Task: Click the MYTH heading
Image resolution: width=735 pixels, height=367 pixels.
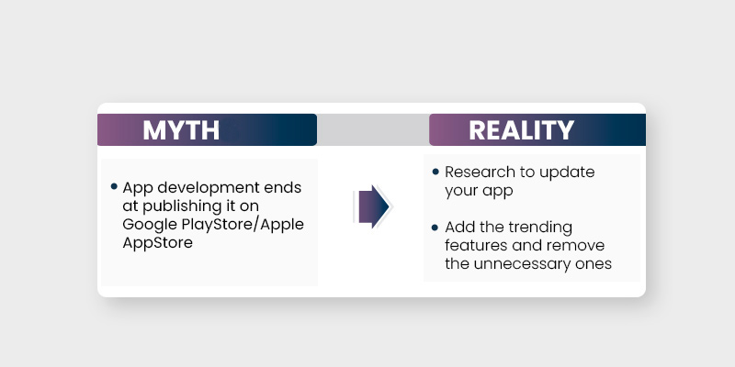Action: (181, 130)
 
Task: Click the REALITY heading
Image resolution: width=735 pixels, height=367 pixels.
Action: (521, 130)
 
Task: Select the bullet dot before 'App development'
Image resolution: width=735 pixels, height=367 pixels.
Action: (114, 186)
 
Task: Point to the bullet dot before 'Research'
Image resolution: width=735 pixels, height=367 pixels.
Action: (435, 172)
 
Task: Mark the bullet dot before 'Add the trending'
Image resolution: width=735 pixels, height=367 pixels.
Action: (435, 226)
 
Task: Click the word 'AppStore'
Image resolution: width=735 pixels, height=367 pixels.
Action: (157, 243)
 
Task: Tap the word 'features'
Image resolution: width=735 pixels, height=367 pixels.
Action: (479, 245)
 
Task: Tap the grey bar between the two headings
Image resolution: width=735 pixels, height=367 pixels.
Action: (372, 130)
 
